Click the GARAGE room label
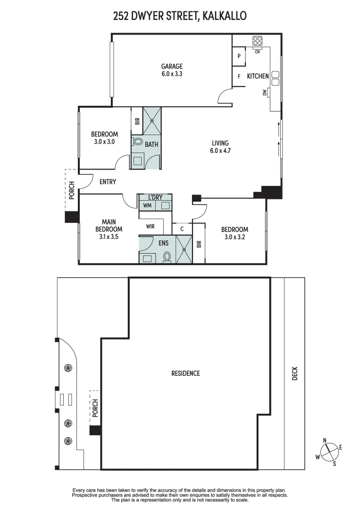click(171, 67)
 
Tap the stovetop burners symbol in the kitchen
click(257, 41)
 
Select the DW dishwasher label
click(265, 93)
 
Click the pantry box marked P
click(239, 56)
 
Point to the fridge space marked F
click(239, 76)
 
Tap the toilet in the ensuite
click(167, 256)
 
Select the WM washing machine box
click(147, 205)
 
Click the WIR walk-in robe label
click(150, 227)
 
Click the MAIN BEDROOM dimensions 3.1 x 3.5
click(109, 238)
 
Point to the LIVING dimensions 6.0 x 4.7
click(220, 151)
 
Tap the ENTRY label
click(108, 182)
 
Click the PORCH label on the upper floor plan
click(72, 190)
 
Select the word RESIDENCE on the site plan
click(185, 374)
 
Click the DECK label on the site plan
click(295, 374)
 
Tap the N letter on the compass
click(325, 441)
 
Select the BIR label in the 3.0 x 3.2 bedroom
click(199, 244)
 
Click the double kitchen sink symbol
click(275, 77)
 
